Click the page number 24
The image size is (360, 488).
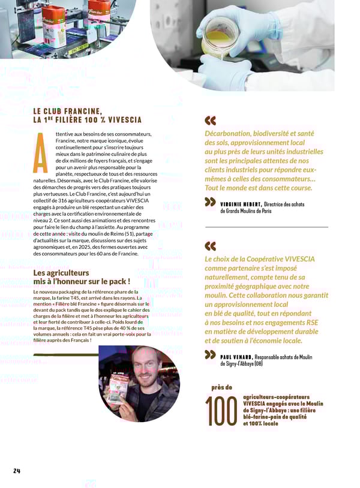tap(17, 471)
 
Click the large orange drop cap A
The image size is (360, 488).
tap(40, 152)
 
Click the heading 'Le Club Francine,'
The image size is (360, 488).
tap(67, 111)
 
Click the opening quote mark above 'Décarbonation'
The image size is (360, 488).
tap(210, 120)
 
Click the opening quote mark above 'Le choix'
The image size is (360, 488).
tap(210, 246)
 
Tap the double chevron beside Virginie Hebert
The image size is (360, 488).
tap(210, 202)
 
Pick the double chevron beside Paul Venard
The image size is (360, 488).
tap(210, 355)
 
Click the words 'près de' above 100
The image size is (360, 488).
tap(221, 387)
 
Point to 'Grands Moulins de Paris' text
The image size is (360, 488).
tap(245, 211)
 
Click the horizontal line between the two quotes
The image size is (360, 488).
tap(266, 227)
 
